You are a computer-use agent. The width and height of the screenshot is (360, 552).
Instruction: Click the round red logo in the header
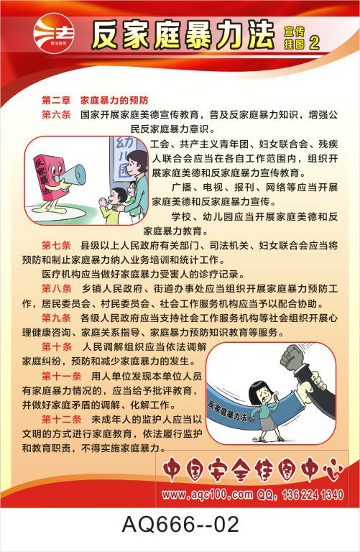coord(53,34)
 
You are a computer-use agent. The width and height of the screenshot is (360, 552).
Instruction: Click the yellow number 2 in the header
coord(314,43)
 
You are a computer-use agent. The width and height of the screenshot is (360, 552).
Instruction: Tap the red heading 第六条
coord(56,115)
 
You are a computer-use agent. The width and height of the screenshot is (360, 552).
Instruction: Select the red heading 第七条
coord(56,245)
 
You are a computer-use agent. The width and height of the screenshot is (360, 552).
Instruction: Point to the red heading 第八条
coord(56,289)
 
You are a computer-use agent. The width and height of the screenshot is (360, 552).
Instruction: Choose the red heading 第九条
coord(56,318)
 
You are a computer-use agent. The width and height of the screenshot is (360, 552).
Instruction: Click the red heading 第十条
coord(56,346)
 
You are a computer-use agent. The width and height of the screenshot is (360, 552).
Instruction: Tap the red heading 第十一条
coord(62,376)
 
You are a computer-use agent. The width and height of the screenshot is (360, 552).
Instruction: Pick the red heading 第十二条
coord(62,419)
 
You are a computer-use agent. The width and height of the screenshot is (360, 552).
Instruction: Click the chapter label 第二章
coord(56,101)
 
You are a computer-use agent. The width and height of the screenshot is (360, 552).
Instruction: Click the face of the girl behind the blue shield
coord(263,396)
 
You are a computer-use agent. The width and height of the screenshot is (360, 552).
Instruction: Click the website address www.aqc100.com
coord(207,494)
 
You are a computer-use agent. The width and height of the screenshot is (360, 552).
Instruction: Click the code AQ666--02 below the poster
coord(180,524)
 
